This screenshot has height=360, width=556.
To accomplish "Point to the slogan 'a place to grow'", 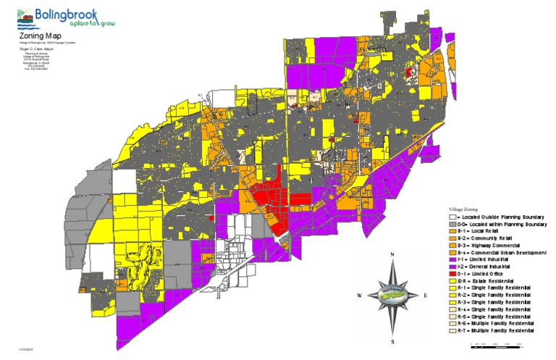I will (75, 24).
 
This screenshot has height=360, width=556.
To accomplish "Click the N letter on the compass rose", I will (392, 255).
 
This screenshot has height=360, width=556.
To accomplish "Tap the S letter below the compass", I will (392, 340).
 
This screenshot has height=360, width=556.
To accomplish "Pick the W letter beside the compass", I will (359, 296).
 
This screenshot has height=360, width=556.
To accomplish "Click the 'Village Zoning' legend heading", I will (463, 208).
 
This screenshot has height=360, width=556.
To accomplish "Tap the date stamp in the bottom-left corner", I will (26, 350).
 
